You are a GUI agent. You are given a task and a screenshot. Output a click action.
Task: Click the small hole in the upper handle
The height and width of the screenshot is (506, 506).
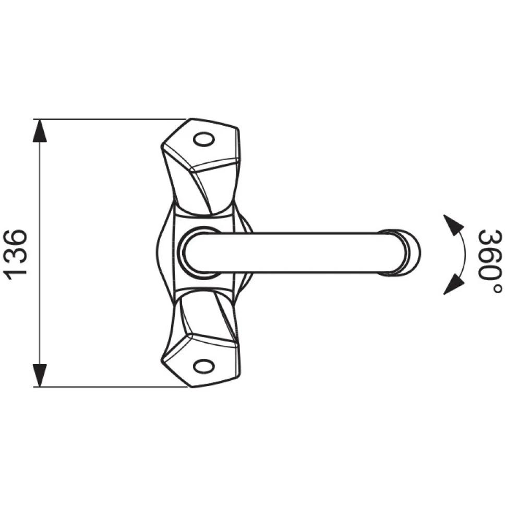pos(203,140)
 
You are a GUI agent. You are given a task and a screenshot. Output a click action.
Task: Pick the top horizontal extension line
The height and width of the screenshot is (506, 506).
pos(110,119)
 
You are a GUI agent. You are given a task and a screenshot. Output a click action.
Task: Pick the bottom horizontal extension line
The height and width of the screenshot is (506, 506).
pos(110,387)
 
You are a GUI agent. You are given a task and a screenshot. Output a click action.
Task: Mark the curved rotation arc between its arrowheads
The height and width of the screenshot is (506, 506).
pos(464,254)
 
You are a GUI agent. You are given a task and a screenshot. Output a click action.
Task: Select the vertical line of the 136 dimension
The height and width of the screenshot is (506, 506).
pos(40,253)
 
